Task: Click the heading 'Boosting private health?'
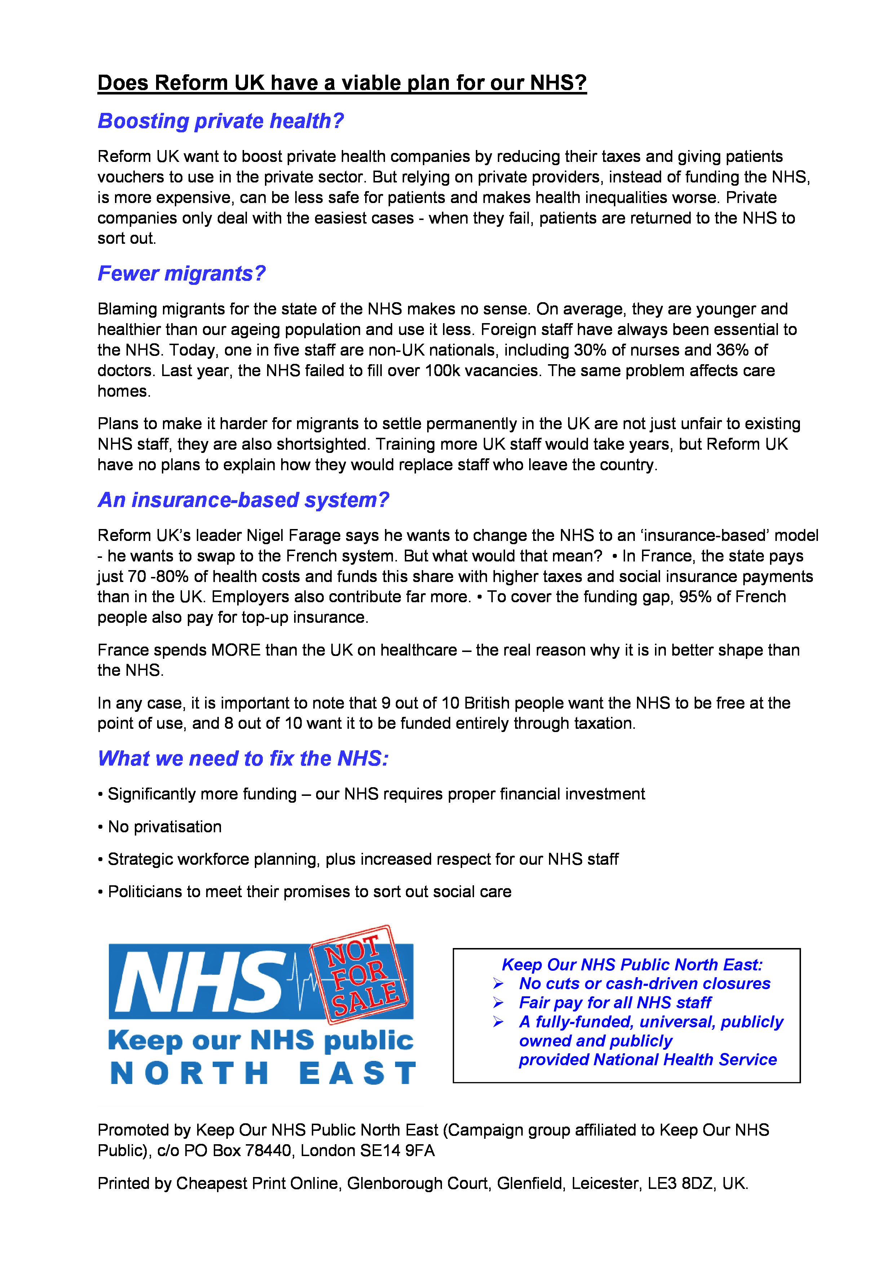pos(220,121)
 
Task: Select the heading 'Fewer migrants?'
pos(181,274)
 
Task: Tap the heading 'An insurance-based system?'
pos(243,500)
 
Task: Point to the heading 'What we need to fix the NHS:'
pos(243,759)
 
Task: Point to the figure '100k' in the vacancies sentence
pos(442,371)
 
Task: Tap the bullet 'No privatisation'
pos(164,827)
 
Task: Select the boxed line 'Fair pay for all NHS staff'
pos(615,1003)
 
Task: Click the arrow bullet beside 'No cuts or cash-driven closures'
pos(498,984)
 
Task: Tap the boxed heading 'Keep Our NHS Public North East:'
pos(632,965)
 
